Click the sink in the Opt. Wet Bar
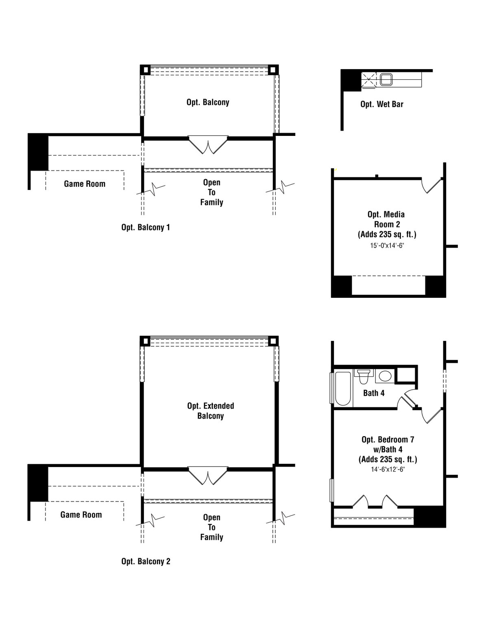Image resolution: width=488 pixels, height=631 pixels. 386,79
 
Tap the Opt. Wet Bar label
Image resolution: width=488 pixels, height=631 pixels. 382,104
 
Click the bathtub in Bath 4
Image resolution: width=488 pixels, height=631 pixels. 342,388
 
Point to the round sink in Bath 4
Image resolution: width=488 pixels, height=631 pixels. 384,376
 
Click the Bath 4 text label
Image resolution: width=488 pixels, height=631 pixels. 374,393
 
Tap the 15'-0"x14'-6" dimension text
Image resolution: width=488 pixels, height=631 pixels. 387,246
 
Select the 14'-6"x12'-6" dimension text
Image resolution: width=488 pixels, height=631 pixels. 388,469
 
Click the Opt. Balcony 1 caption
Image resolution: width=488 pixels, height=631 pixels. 146,227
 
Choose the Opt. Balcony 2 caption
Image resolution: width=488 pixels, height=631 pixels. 146,562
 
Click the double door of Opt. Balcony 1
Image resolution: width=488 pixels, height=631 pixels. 208,145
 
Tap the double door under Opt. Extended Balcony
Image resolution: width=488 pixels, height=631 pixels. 208,476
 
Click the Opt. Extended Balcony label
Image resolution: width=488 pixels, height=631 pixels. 211,411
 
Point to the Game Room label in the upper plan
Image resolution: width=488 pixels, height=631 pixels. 85,184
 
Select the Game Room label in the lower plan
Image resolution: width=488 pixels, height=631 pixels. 81,515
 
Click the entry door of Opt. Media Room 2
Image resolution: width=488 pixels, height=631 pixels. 432,185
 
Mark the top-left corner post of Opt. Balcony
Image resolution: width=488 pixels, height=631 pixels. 145,70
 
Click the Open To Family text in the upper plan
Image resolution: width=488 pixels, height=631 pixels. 211,192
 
